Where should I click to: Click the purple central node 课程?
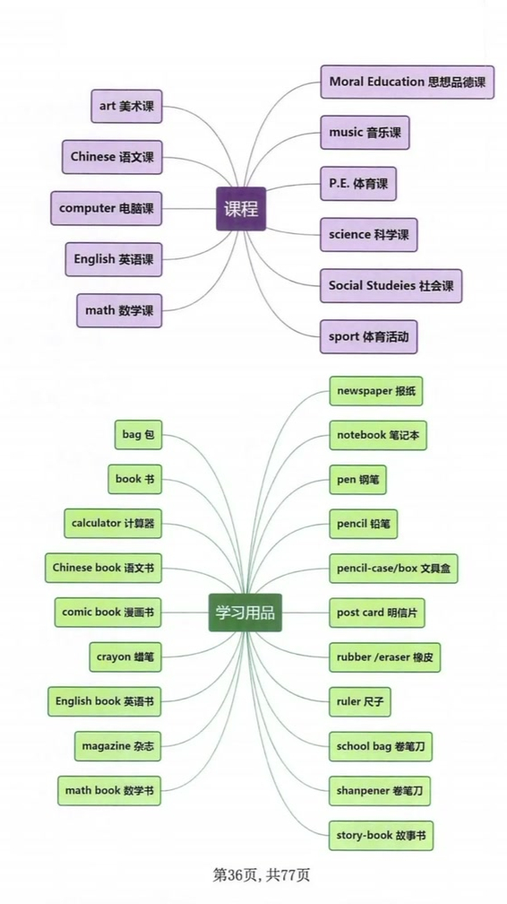[x=240, y=209]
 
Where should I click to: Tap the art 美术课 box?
[x=126, y=106]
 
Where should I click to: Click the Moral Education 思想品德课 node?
[x=407, y=82]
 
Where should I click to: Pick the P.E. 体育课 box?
[x=357, y=183]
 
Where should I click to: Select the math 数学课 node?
[x=119, y=310]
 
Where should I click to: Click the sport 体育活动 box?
[x=369, y=336]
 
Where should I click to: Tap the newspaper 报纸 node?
[x=375, y=391]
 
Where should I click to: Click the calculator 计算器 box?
[x=112, y=523]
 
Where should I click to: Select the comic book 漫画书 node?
[x=107, y=612]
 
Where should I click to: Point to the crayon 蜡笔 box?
[x=125, y=656]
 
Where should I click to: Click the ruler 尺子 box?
[x=359, y=701]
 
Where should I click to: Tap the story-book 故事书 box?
[x=381, y=835]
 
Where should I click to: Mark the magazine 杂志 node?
[x=118, y=745]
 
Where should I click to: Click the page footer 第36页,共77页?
[x=253, y=874]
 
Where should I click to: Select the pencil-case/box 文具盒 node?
[x=394, y=568]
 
